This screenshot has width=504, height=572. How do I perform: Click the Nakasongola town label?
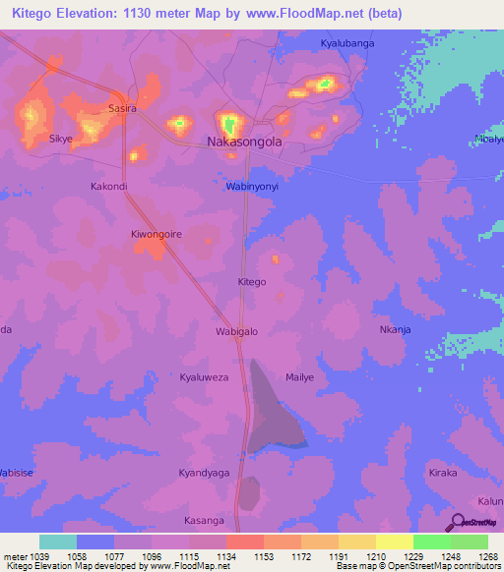point(244,142)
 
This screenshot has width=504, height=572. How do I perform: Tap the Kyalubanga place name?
point(349,43)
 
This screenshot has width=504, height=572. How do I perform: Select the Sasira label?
point(122,108)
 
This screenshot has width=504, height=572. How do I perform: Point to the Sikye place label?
point(61,140)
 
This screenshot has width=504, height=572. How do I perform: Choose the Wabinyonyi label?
point(254,186)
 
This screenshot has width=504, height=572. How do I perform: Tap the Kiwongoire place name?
point(157,235)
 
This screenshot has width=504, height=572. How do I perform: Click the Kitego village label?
point(252,282)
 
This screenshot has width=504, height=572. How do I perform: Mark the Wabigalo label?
point(236,331)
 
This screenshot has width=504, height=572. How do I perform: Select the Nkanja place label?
point(395,329)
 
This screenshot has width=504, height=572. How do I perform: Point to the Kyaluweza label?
point(204,377)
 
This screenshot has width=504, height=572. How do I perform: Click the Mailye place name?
point(299,377)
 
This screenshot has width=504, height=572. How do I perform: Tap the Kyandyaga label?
point(204,473)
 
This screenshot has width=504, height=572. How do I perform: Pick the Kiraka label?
point(443,473)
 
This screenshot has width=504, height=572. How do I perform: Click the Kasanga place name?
point(205,520)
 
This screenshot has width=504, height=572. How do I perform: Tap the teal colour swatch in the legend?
point(58,542)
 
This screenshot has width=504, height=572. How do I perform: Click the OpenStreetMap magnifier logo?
point(459,521)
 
